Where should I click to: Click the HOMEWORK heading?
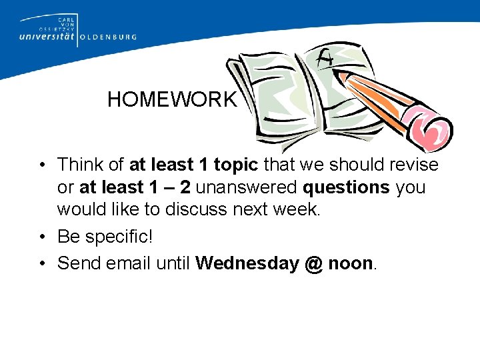click(x=171, y=100)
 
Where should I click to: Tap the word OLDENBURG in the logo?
click(x=109, y=37)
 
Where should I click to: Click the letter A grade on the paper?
click(x=325, y=61)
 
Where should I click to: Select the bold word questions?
click(x=347, y=187)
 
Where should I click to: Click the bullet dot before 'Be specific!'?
click(x=42, y=237)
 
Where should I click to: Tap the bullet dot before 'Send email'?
click(x=42, y=264)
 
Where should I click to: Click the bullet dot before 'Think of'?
click(x=42, y=165)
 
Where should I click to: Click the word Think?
click(x=80, y=165)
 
